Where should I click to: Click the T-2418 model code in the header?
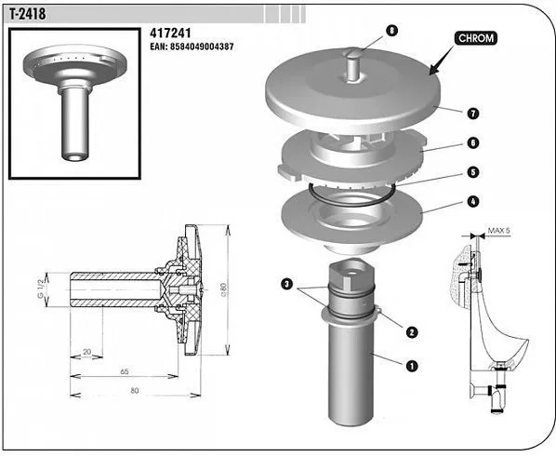coord(28,14)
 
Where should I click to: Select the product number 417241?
coord(170,33)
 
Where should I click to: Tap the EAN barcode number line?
coord(192,47)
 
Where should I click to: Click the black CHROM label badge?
coord(476,38)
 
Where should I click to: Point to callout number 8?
coord(391,31)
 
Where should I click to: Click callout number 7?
coord(473,114)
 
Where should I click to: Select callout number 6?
coord(473,142)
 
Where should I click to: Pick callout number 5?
coord(473,172)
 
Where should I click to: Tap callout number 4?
coord(473,202)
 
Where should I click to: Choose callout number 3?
coord(287,284)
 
